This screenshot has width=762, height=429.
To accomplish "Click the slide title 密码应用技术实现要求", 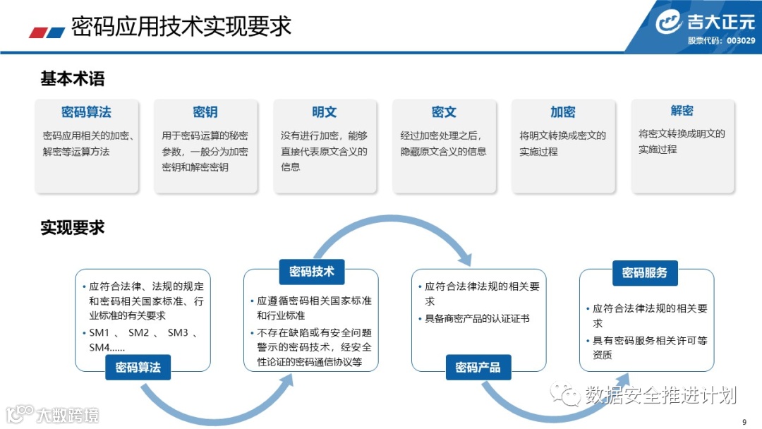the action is pyautogui.click(x=181, y=26).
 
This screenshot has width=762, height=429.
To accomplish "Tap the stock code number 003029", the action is pyautogui.click(x=740, y=40).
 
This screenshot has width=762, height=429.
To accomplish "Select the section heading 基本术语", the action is pyautogui.click(x=73, y=79).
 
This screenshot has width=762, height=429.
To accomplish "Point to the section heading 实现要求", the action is pyautogui.click(x=73, y=227).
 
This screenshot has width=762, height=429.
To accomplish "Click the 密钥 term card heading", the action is pyautogui.click(x=205, y=112).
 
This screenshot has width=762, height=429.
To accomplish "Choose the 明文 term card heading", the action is pyautogui.click(x=325, y=112).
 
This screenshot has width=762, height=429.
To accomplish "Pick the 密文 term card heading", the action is pyautogui.click(x=444, y=112).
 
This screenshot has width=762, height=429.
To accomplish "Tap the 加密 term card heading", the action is pyautogui.click(x=563, y=112).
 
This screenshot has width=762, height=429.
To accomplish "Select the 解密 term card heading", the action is pyautogui.click(x=682, y=111).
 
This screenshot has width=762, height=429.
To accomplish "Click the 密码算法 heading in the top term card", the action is pyautogui.click(x=86, y=112).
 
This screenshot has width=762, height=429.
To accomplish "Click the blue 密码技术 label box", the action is pyautogui.click(x=312, y=272).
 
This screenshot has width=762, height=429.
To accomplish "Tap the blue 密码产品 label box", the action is pyautogui.click(x=478, y=368).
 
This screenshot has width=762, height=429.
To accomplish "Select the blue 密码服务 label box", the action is pyautogui.click(x=645, y=272).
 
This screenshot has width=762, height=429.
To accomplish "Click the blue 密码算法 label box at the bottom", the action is pyautogui.click(x=138, y=368).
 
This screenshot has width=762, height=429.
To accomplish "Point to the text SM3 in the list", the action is pyautogui.click(x=177, y=332).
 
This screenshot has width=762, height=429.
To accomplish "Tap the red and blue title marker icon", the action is pyautogui.click(x=47, y=32).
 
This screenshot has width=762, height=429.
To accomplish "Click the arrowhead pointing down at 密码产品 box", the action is pyautogui.click(x=464, y=258).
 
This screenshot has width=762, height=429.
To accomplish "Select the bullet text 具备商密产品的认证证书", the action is pyautogui.click(x=477, y=318).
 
